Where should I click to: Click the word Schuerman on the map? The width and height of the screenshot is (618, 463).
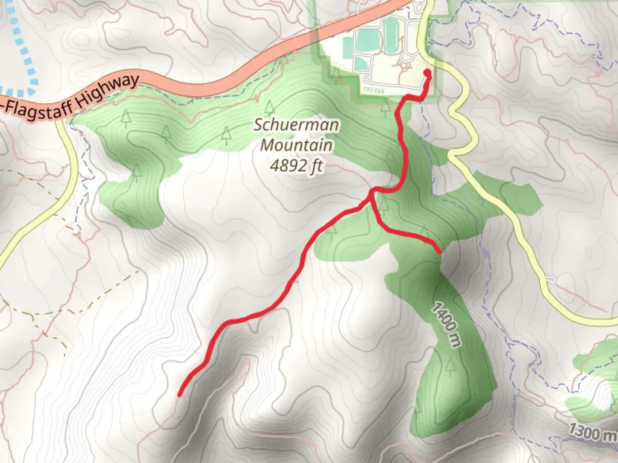(x=296, y=126)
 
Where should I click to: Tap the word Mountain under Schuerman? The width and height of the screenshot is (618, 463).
(x=297, y=145)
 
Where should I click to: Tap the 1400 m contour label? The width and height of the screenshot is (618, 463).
(x=446, y=325)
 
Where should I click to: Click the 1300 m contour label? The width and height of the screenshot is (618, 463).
(x=591, y=432)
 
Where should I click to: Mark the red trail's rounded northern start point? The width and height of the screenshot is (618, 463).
(x=427, y=72)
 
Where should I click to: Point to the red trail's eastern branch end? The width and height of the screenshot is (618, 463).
(x=439, y=252)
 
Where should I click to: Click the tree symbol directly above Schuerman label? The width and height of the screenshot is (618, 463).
(x=269, y=106)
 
